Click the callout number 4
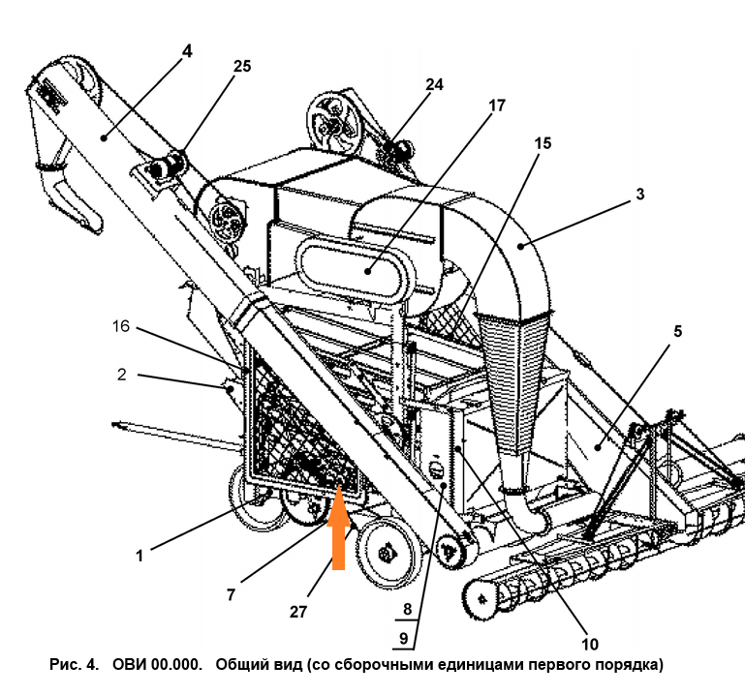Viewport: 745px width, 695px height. [187, 51]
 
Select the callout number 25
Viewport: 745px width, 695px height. [241, 65]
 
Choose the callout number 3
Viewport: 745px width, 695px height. [639, 194]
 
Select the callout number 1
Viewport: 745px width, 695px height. [140, 556]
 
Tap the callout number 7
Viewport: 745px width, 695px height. [231, 594]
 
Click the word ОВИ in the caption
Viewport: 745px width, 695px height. [133, 665]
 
